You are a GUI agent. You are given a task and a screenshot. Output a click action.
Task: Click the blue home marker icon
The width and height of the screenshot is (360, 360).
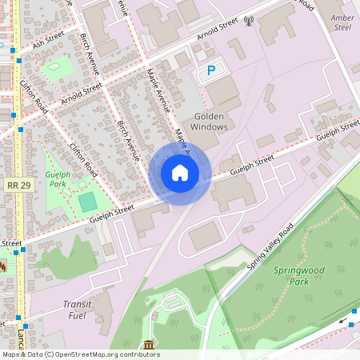pyautogui.click(x=180, y=172)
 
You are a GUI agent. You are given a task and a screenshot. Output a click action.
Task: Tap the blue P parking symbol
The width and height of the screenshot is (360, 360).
pyautogui.click(x=211, y=71)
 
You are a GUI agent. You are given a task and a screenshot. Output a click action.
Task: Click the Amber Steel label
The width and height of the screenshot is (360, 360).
pyautogui.click(x=342, y=22)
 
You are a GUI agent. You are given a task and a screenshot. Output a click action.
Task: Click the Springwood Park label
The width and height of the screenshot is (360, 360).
pyautogui.click(x=300, y=276)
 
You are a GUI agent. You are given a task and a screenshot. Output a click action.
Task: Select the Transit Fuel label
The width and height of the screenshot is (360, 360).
pyautogui.click(x=78, y=310)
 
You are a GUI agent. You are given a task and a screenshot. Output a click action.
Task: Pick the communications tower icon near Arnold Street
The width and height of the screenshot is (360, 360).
pyautogui.click(x=248, y=20)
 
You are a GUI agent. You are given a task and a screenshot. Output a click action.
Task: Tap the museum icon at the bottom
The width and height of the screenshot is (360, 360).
pyautogui.click(x=149, y=345)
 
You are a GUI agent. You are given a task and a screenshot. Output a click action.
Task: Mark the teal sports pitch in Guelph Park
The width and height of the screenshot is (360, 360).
pyautogui.click(x=86, y=202)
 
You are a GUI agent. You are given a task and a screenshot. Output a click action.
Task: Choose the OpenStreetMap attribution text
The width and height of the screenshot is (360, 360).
pyautogui.click(x=80, y=354)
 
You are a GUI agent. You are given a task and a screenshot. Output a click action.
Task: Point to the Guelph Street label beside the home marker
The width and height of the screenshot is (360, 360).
pyautogui.click(x=252, y=164)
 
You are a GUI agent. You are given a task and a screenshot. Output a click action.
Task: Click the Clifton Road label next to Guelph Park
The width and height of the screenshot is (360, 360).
pyautogui.click(x=83, y=160)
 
